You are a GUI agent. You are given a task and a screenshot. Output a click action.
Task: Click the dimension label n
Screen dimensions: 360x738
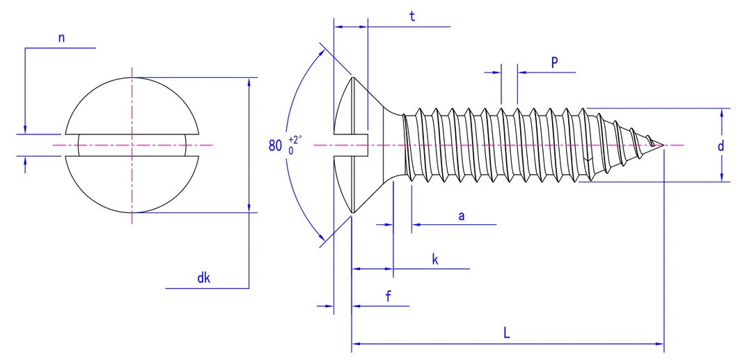[x=61, y=39]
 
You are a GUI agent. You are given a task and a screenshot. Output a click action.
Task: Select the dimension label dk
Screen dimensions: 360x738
[x=203, y=279]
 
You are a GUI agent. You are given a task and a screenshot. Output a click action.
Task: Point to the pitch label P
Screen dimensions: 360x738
[x=554, y=62]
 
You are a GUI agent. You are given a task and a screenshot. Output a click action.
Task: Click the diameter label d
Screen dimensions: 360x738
[x=721, y=146]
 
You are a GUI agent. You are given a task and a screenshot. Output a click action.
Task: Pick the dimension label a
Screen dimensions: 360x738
[x=461, y=216]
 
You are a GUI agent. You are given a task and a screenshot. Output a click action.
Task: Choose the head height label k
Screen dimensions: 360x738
[x=435, y=260]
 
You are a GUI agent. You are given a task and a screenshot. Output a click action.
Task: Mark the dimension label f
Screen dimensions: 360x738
[x=388, y=297]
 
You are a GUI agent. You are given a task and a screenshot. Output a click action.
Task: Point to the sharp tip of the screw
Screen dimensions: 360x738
[x=664, y=146]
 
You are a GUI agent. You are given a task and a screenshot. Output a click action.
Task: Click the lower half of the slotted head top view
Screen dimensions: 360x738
[x=132, y=185]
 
